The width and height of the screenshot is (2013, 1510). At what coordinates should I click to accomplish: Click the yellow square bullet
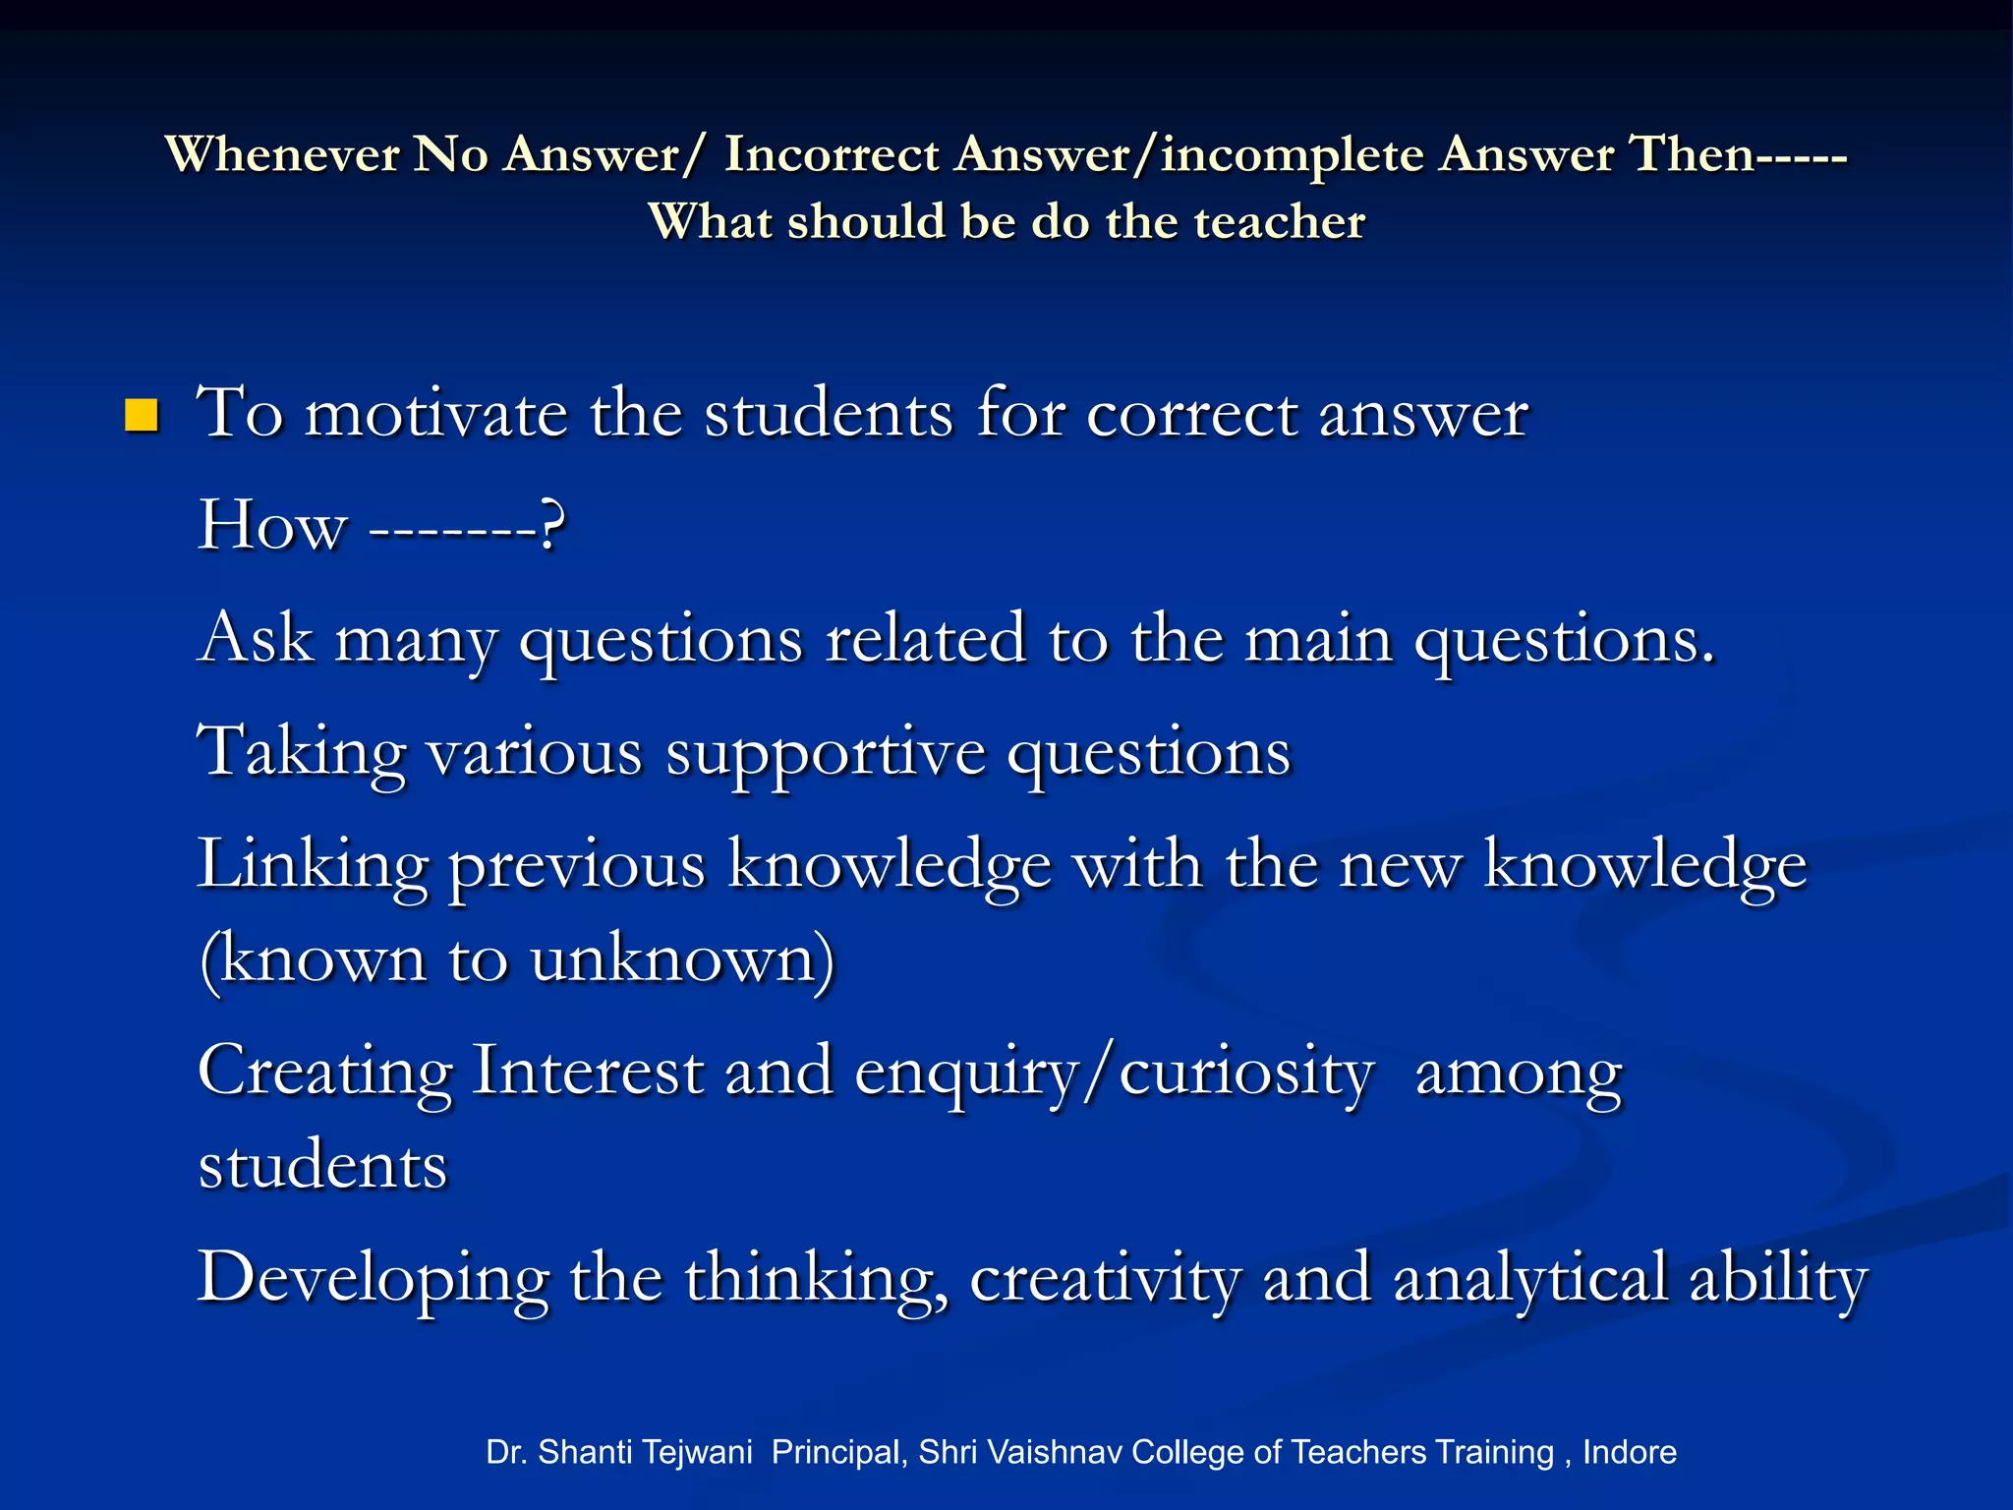pyautogui.click(x=142, y=416)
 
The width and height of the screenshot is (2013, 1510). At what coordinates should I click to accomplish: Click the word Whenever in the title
pyautogui.click(x=282, y=154)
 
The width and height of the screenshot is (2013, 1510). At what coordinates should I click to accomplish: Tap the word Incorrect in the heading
pyautogui.click(x=832, y=154)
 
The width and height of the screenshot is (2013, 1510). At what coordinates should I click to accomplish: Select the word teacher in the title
pyautogui.click(x=1279, y=221)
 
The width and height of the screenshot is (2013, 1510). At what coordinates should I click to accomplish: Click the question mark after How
pyautogui.click(x=552, y=526)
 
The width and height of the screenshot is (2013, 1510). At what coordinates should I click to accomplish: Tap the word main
pyautogui.click(x=1318, y=639)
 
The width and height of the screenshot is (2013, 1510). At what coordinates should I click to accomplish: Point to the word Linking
pyautogui.click(x=313, y=866)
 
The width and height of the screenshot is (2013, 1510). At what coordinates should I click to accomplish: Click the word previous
pyautogui.click(x=577, y=866)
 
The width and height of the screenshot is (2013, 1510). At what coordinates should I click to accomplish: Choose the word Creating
pyautogui.click(x=325, y=1072)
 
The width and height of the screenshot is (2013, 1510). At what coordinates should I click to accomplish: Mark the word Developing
pyautogui.click(x=373, y=1280)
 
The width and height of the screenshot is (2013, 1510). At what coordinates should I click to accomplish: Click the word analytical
pyautogui.click(x=1529, y=1280)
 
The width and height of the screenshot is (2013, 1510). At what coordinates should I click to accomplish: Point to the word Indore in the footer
pyautogui.click(x=1629, y=1452)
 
